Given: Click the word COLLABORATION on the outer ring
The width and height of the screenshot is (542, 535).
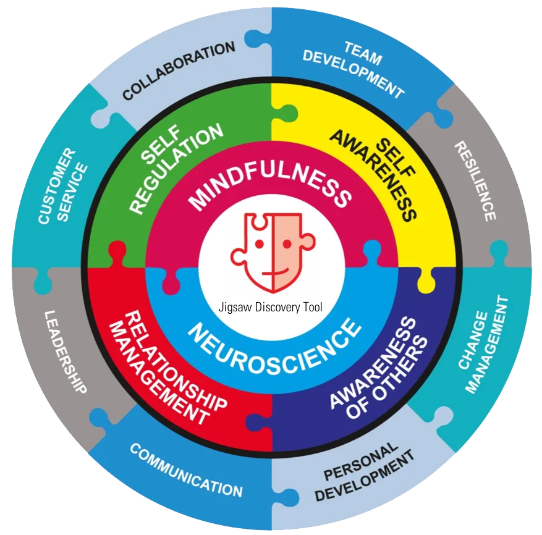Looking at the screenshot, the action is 179,70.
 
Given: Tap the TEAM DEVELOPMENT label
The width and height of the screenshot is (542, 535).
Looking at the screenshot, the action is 354,69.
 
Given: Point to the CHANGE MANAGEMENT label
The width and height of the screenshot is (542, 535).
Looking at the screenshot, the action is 483,345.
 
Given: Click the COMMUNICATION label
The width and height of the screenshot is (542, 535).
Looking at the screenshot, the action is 186,470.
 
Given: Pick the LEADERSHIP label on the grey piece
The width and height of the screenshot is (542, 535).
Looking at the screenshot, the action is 66,352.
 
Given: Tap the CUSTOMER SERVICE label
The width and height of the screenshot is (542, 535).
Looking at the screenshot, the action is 62,187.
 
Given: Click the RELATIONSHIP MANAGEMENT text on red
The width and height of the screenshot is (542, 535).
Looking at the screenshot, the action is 167,368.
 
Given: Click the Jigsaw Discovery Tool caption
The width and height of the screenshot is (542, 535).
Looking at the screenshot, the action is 270,307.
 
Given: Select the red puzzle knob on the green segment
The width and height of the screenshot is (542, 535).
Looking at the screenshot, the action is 117,251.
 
